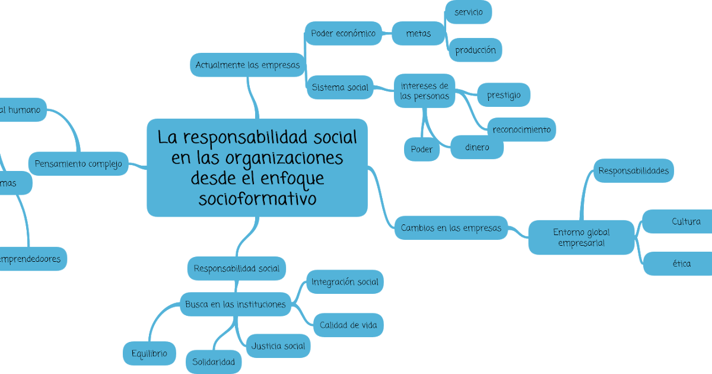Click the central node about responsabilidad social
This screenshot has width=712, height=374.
coord(257,167)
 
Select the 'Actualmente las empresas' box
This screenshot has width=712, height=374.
coord(248,65)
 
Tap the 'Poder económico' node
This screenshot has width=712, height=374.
coord(343,34)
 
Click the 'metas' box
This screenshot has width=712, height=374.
coord(418,34)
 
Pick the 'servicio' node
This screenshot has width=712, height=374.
coord(469,12)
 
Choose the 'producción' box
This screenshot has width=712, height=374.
coord(475,50)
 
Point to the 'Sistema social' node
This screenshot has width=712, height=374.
coord(340,88)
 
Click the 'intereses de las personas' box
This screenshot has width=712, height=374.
coord(424,91)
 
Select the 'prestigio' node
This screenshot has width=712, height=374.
coord(504,95)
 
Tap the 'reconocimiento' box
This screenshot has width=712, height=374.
coord(522,129)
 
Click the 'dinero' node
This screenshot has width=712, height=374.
coord(477,147)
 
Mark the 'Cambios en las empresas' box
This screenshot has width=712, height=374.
coord(451,228)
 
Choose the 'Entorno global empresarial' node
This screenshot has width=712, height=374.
coord(581,237)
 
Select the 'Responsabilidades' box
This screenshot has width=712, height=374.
coord(633,171)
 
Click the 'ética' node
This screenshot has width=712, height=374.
coord(681,264)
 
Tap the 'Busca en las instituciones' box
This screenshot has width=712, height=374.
coord(236,305)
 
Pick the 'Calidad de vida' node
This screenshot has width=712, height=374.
coord(348,325)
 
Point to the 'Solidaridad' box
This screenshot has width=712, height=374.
coord(214,362)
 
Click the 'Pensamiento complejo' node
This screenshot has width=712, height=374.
coord(78,163)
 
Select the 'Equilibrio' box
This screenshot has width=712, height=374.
coord(149,354)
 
